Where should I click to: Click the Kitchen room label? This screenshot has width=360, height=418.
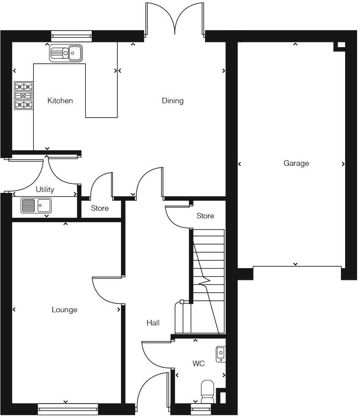[60, 101]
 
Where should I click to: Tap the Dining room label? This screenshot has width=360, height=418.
[173, 101]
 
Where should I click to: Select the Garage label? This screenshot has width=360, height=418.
[296, 163]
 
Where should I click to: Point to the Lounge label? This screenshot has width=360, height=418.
[65, 310]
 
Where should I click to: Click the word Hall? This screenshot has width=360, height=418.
[153, 323]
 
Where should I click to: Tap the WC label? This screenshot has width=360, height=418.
[199, 364]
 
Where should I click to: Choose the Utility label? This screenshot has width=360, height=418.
[45, 189]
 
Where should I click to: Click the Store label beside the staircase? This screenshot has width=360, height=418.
[205, 216]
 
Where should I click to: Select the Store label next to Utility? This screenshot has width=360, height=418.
[100, 208]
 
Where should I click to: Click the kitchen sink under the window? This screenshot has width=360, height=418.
[66, 53]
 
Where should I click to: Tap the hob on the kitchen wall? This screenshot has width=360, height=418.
[24, 96]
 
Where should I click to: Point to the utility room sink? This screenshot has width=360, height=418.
[36, 206]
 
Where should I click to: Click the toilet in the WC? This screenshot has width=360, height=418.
[207, 391]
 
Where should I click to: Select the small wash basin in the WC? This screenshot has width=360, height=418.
[221, 354]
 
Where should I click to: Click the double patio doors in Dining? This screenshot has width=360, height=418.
[175, 19]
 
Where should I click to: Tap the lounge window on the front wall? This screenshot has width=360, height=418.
[68, 410]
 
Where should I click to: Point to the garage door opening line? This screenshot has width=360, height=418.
[297, 266]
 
